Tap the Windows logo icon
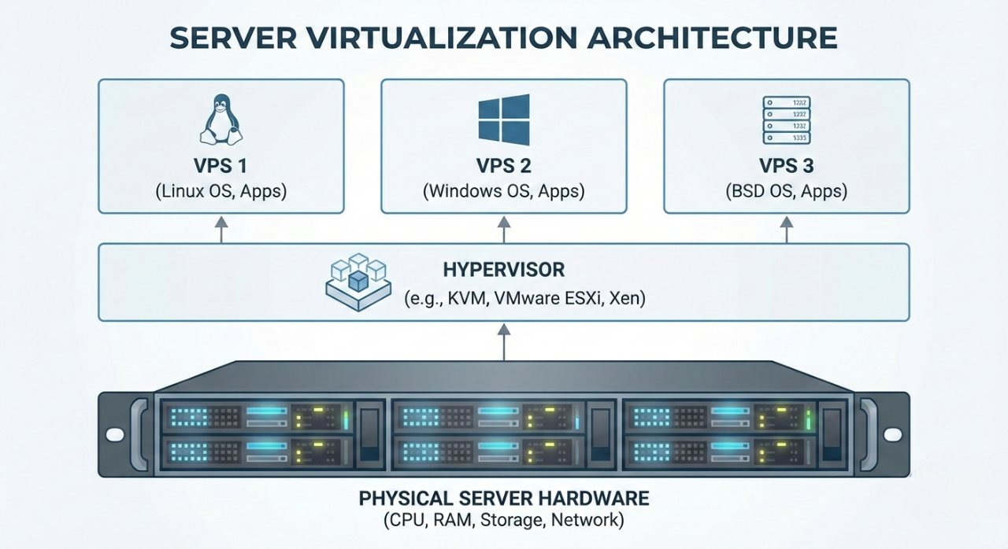pyautogui.click(x=504, y=120)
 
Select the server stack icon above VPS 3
pyautogui.click(x=787, y=120)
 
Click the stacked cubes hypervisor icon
pyautogui.click(x=358, y=282)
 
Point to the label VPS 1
pyautogui.click(x=220, y=166)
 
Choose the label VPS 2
pyautogui.click(x=504, y=166)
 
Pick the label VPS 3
pyautogui.click(x=787, y=166)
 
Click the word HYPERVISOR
pyautogui.click(x=503, y=270)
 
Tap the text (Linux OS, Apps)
pyautogui.click(x=220, y=191)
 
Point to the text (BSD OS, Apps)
pyautogui.click(x=787, y=191)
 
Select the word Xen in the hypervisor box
pyautogui.click(x=627, y=299)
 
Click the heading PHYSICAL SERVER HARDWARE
pyautogui.click(x=504, y=499)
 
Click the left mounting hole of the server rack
pyautogui.click(x=114, y=434)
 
